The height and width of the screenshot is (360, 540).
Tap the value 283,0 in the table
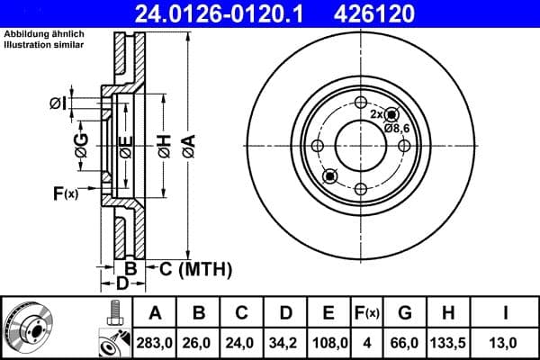(155, 342)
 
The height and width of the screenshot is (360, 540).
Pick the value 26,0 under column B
(200, 342)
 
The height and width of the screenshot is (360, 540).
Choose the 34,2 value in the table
(284, 342)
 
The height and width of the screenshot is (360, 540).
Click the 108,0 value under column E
(328, 342)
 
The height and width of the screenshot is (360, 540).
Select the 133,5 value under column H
(447, 342)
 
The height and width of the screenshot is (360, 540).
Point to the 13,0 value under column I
(507, 342)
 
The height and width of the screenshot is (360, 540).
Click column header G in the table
(405, 312)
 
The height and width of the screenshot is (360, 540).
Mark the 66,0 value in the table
(405, 342)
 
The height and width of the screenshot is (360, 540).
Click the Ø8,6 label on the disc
(398, 129)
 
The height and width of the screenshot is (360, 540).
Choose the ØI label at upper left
(58, 104)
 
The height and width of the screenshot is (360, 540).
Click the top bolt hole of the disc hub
(360, 102)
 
